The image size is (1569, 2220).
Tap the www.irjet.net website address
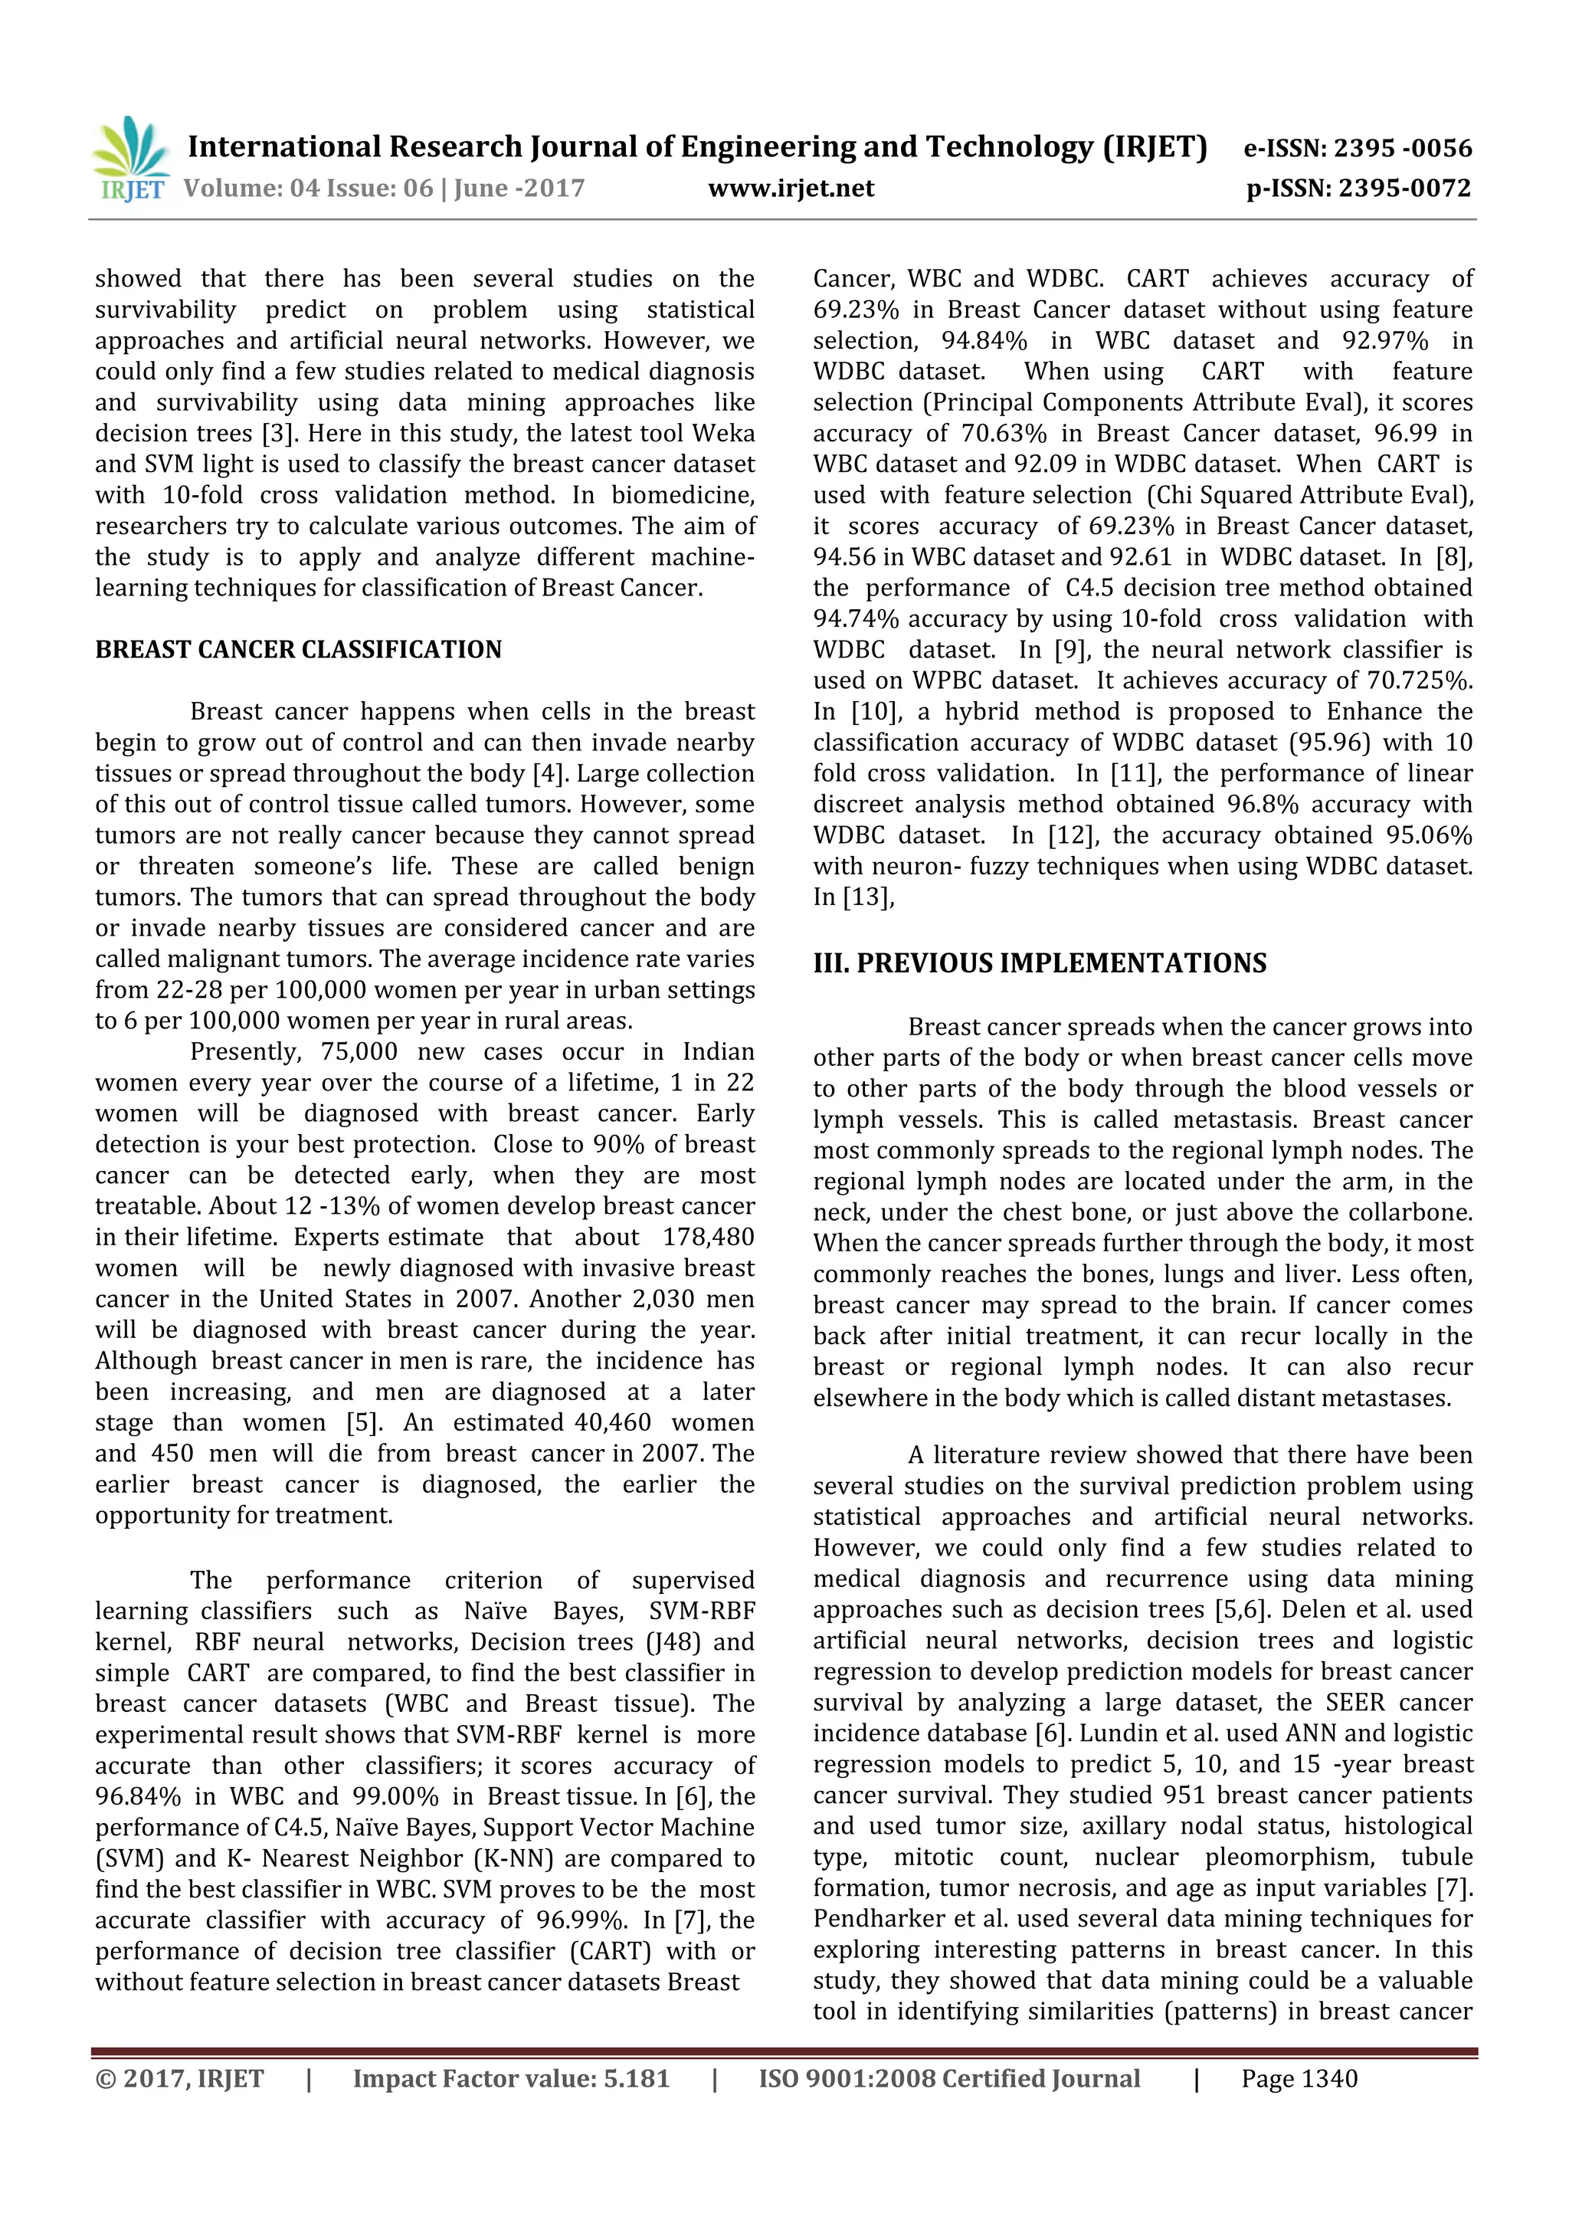(791, 189)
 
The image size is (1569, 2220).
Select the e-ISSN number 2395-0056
(1403, 149)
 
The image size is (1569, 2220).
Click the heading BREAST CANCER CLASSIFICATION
(298, 650)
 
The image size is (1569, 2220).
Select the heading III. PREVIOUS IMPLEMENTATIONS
(1040, 964)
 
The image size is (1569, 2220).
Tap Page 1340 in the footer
(1299, 2079)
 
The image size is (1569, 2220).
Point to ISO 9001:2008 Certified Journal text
(948, 2079)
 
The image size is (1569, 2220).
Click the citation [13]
(868, 897)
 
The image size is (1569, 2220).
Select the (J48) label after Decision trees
(676, 1641)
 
